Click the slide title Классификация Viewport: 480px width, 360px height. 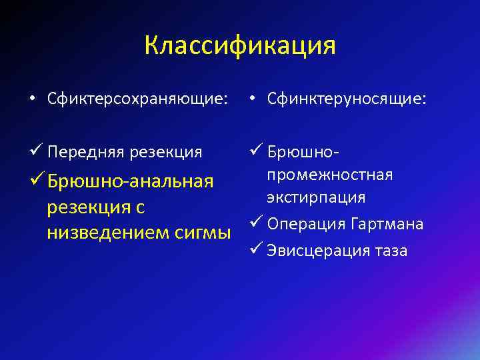240,46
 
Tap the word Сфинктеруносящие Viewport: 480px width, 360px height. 346,99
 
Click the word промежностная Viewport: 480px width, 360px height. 330,175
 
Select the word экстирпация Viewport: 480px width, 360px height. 316,198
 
